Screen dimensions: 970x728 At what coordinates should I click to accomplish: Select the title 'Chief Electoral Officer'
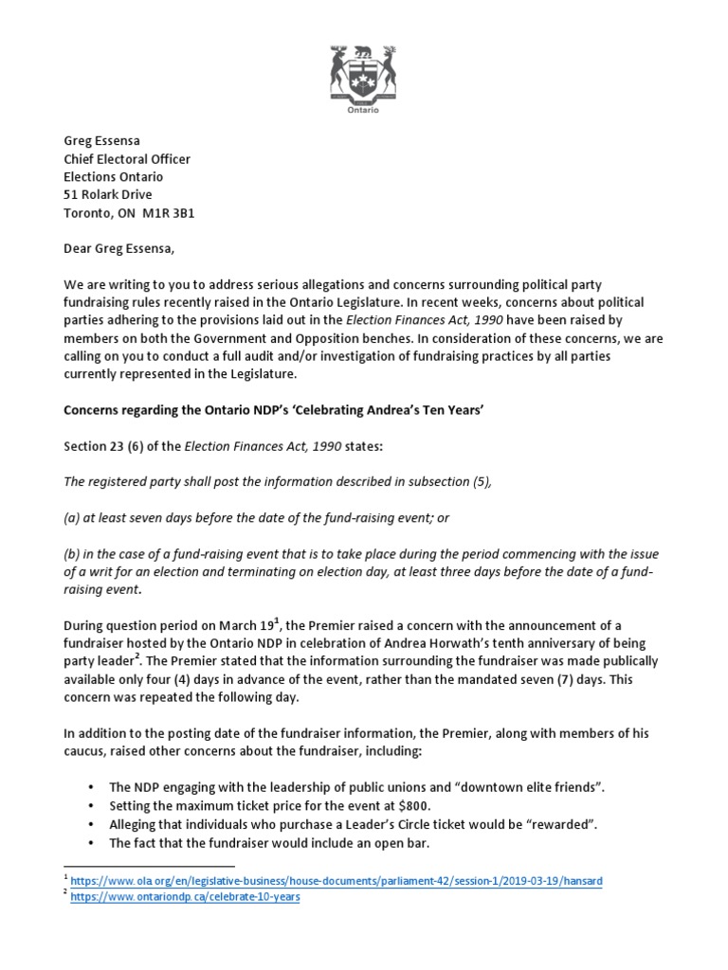127,159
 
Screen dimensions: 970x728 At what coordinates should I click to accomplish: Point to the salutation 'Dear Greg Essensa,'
120,249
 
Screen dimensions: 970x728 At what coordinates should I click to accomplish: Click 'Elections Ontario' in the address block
113,177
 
